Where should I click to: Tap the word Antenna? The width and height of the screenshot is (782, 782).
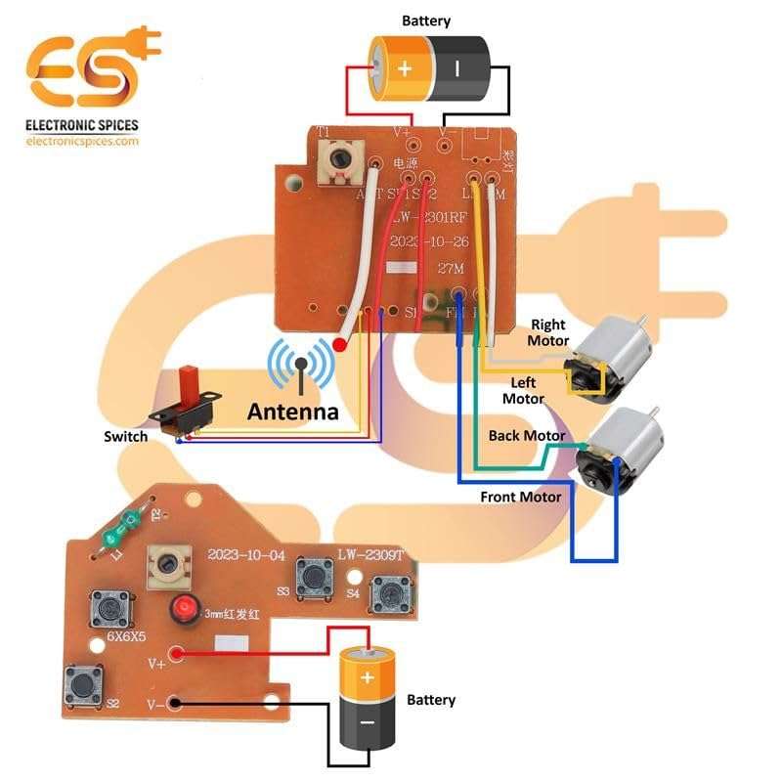pyautogui.click(x=292, y=412)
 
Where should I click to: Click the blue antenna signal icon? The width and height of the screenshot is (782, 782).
pyautogui.click(x=302, y=369)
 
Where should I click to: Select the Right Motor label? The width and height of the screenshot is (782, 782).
pyautogui.click(x=547, y=332)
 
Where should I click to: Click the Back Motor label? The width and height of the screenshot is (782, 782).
pyautogui.click(x=527, y=435)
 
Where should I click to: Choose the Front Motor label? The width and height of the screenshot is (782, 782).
pyautogui.click(x=521, y=497)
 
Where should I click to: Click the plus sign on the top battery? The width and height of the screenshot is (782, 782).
pyautogui.click(x=405, y=68)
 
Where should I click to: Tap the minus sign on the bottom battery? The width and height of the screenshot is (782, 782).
pyautogui.click(x=368, y=722)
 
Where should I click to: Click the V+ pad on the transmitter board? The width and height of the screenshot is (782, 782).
pyautogui.click(x=177, y=655)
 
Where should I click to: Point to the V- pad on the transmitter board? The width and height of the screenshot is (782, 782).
pyautogui.click(x=176, y=702)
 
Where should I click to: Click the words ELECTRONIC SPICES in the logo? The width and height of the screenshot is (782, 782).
pyautogui.click(x=82, y=125)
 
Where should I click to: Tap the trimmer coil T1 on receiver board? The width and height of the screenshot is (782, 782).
pyautogui.click(x=338, y=161)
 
